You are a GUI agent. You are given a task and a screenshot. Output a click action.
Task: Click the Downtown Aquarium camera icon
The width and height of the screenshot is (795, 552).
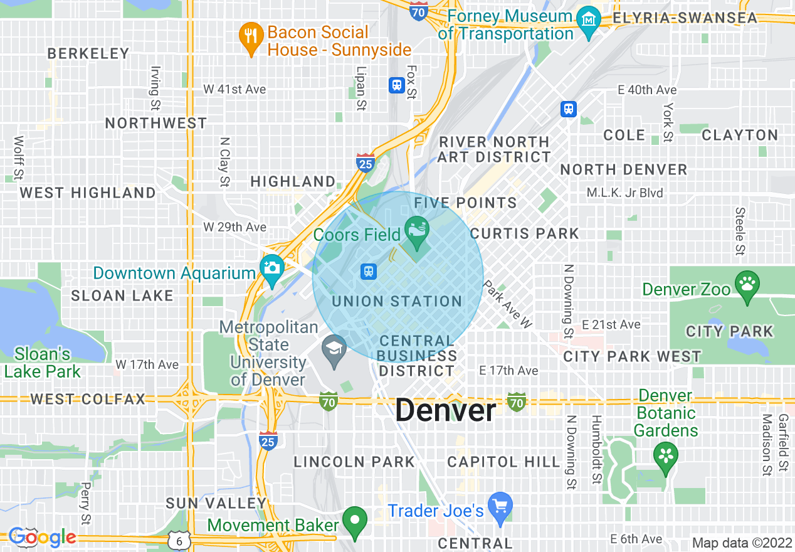point(272,268)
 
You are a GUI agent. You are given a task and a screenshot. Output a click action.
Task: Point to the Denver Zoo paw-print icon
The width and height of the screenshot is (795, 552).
point(747,284)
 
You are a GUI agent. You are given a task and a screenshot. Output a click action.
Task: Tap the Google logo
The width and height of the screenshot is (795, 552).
point(42,537)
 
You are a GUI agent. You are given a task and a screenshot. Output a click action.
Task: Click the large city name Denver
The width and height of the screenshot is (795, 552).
point(445,411)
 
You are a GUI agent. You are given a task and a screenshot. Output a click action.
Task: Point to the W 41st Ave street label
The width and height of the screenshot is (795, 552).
point(234,90)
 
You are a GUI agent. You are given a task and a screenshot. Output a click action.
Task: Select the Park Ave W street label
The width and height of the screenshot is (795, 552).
point(508,304)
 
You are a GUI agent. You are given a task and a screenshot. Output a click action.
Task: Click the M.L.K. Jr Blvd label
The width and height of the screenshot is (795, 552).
point(624,193)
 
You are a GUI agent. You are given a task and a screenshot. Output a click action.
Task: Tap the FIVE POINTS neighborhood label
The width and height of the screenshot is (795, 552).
point(465,203)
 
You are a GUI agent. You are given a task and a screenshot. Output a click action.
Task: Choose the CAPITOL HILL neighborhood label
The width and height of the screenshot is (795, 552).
point(503,462)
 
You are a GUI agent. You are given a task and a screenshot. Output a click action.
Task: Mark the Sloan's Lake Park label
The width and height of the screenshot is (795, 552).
point(42,363)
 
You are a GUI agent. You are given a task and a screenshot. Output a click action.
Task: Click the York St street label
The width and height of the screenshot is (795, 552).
point(668,122)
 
